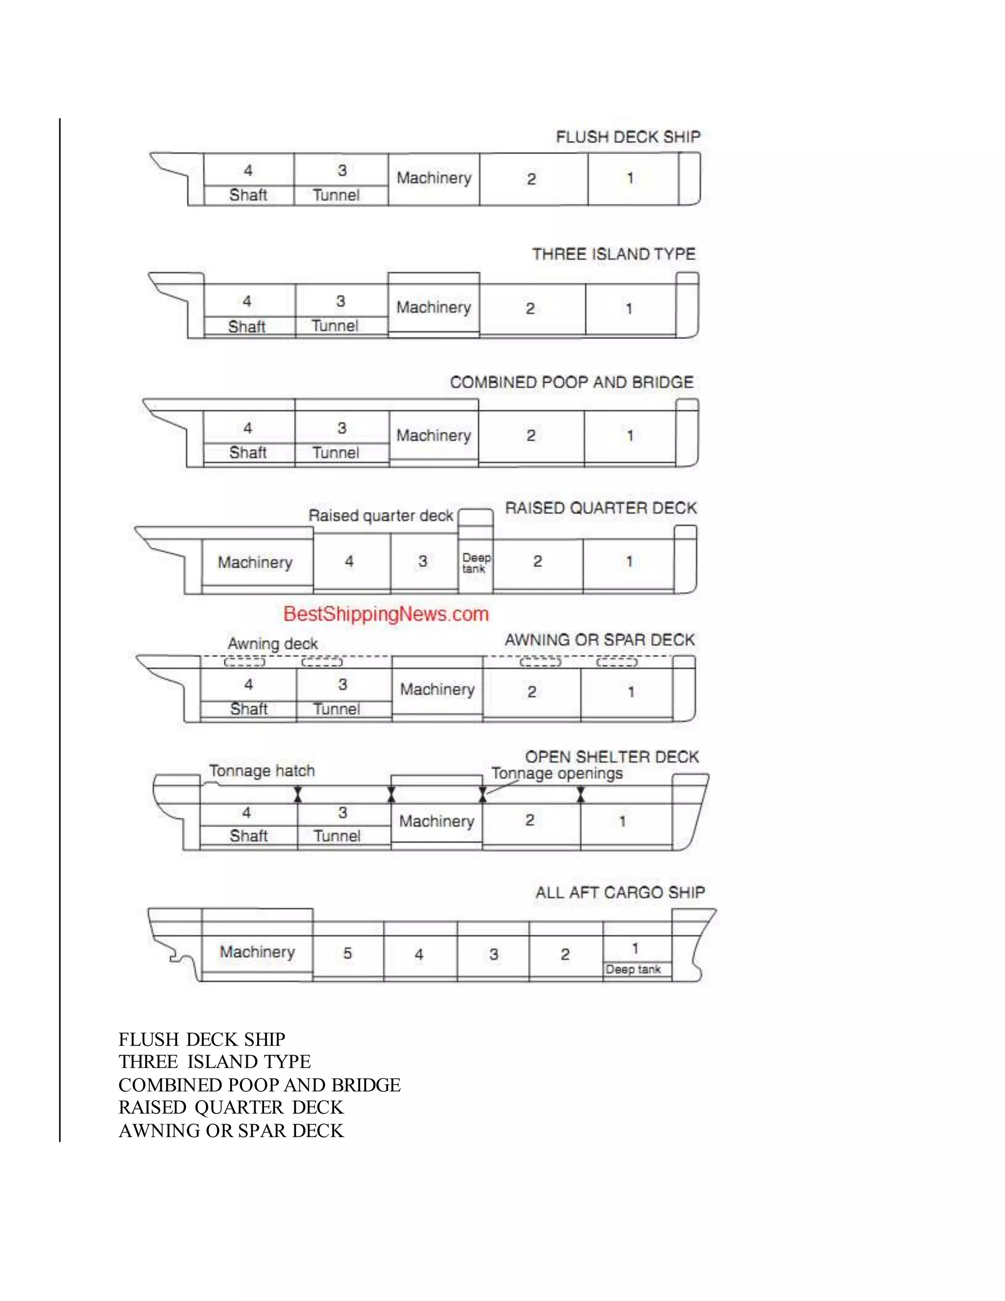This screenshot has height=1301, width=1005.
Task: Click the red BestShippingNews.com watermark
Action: tap(386, 614)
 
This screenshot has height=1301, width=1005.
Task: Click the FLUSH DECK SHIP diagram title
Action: tap(628, 137)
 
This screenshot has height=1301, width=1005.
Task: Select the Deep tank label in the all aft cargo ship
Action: tap(633, 969)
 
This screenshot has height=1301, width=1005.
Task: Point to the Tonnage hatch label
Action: tap(262, 771)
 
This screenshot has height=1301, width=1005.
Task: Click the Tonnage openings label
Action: tap(556, 774)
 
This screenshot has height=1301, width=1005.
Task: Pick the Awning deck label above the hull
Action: tap(273, 644)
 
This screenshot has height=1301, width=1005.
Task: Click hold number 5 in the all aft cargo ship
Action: tap(348, 954)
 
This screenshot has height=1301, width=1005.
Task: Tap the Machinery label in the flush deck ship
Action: tap(434, 178)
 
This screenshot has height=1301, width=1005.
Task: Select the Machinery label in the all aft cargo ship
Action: tap(257, 952)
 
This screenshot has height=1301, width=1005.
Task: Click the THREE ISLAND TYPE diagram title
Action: tap(614, 254)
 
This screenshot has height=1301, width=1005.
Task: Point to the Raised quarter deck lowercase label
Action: tap(381, 516)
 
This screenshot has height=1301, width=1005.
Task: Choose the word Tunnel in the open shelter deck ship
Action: tap(337, 836)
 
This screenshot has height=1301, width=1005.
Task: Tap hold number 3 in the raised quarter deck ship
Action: tap(423, 561)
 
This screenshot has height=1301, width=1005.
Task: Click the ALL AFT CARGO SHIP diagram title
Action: tap(620, 893)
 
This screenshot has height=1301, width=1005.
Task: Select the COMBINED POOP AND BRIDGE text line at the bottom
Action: tap(260, 1085)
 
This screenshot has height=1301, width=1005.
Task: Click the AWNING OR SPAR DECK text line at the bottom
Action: tap(231, 1131)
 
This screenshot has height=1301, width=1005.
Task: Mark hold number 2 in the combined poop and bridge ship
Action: tap(531, 435)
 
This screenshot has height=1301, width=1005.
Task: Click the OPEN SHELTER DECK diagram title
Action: tap(611, 757)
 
